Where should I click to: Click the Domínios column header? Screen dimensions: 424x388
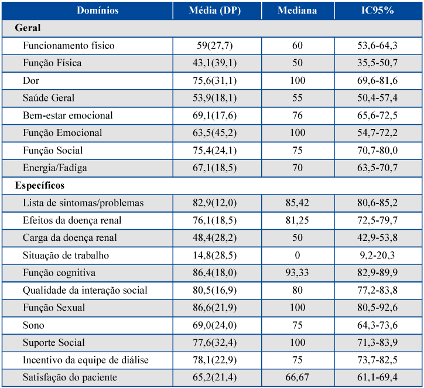(x=98, y=11)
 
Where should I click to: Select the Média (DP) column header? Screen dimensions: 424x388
(x=215, y=11)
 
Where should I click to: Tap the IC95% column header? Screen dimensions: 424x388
(x=378, y=11)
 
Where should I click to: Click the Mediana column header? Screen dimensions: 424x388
(x=297, y=11)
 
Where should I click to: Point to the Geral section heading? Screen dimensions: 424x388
(x=28, y=28)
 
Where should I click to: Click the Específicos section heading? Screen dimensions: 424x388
(x=40, y=186)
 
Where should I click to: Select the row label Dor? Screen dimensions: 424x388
(x=31, y=81)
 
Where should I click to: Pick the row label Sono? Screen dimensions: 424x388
(x=33, y=325)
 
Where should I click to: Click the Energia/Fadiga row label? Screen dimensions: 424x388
(x=55, y=168)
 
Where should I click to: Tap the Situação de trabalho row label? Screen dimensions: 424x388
(x=66, y=256)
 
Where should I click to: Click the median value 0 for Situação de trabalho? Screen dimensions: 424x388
(x=298, y=256)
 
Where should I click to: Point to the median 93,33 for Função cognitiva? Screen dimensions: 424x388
(x=297, y=273)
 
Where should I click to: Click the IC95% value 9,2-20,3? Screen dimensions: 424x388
(x=377, y=256)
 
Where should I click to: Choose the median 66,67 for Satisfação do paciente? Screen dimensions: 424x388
(x=297, y=377)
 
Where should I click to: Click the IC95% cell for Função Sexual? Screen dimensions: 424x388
(x=378, y=308)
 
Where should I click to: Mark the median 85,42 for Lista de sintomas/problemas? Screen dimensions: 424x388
(x=297, y=203)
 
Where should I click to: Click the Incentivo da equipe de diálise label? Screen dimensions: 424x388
(x=86, y=360)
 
